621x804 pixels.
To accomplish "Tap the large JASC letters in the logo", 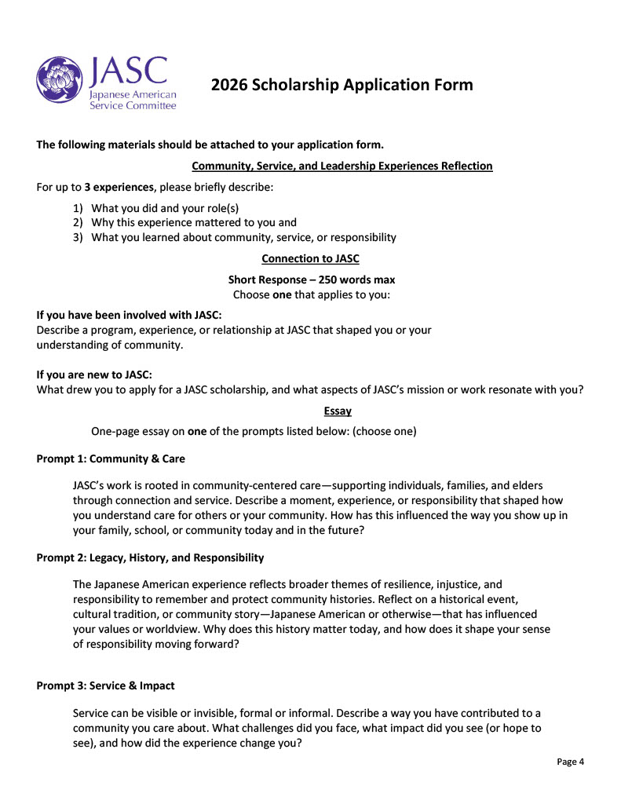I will tap(129, 71).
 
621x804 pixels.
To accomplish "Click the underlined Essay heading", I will tap(338, 411).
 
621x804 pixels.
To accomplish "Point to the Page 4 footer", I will tap(571, 762).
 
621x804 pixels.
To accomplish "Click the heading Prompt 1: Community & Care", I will tap(111, 459).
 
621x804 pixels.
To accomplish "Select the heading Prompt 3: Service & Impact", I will tap(105, 685).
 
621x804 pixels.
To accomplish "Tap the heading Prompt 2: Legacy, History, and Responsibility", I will tap(150, 557).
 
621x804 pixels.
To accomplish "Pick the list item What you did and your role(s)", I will tap(165, 208).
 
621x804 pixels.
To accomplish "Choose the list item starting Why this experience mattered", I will tap(194, 223).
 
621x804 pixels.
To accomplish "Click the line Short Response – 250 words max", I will tap(312, 280).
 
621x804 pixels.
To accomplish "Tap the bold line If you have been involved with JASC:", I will tap(130, 316).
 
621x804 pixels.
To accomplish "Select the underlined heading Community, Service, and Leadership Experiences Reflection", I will tap(342, 166).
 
